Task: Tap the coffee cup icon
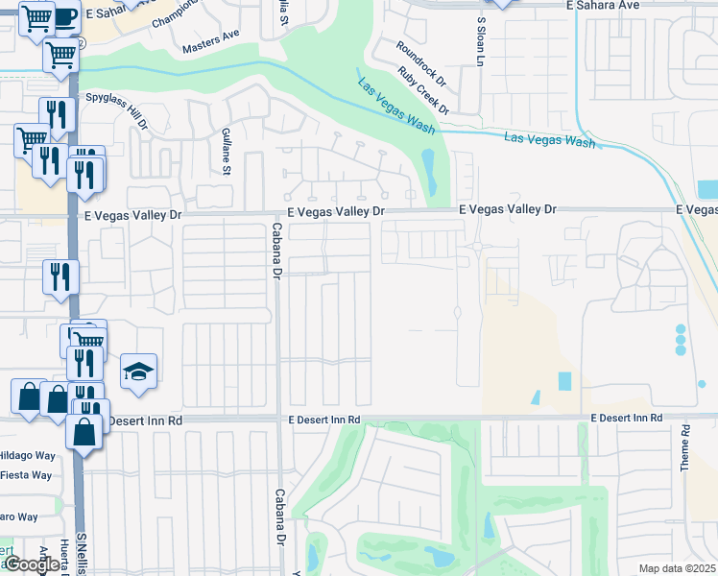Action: [x=63, y=17]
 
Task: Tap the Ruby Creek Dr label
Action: [x=423, y=89]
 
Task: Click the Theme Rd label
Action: [x=685, y=447]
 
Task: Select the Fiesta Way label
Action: [x=26, y=474]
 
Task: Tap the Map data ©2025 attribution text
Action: [x=678, y=568]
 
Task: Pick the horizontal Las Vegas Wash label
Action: [x=549, y=140]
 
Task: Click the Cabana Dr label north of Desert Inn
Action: [x=276, y=250]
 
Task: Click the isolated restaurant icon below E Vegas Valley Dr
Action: [x=60, y=276]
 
